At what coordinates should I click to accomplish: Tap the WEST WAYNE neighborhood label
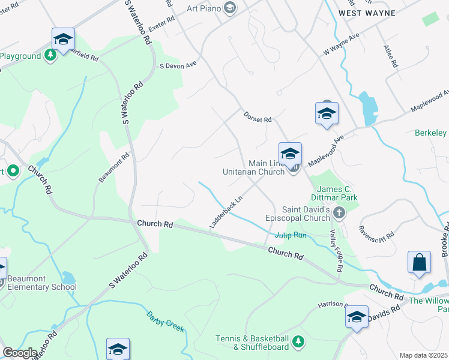[367, 13]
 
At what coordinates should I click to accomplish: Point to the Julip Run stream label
[291, 235]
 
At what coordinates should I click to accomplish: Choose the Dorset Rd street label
[258, 116]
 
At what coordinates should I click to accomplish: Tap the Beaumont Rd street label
[113, 169]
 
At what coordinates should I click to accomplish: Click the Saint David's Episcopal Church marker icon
[339, 212]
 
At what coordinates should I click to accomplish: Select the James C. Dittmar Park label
[334, 193]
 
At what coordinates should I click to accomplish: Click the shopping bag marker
[419, 262]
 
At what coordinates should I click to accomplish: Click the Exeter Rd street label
[161, 27]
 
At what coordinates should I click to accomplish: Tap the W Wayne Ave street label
[341, 44]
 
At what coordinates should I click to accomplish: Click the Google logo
[19, 353]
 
